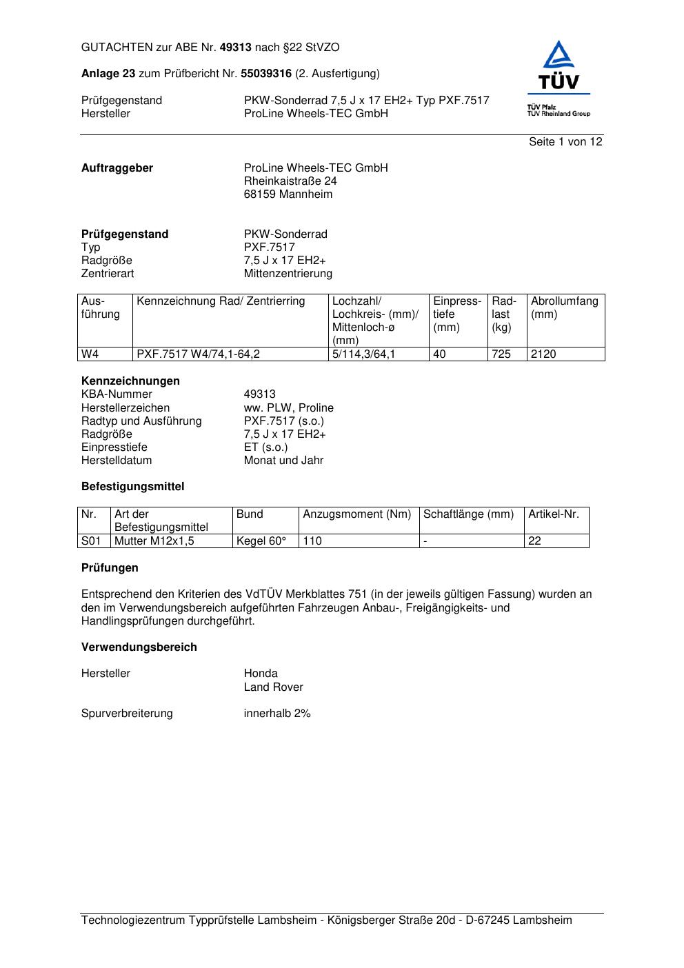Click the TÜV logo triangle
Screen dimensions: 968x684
[559, 57]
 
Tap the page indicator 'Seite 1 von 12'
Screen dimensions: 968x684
[565, 142]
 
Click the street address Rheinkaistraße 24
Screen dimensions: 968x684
[290, 181]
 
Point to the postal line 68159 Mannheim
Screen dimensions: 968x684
[288, 194]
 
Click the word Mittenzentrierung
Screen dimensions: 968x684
[288, 274]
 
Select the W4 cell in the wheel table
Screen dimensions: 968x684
[90, 354]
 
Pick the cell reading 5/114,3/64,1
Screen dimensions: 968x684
[364, 354]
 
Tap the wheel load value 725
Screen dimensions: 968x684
[501, 354]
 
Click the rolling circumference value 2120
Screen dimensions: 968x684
[543, 354]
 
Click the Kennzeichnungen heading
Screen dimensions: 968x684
[130, 381]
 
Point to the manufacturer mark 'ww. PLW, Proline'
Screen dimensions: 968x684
[288, 408]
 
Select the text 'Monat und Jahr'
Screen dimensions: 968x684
[283, 461]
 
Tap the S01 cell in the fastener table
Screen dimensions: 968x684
[91, 541]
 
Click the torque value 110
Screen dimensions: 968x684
[312, 541]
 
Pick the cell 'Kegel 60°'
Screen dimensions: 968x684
[261, 541]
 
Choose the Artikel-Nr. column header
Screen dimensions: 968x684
[554, 514]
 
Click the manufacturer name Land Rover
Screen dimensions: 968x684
[273, 687]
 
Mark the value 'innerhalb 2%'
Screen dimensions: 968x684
[277, 714]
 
